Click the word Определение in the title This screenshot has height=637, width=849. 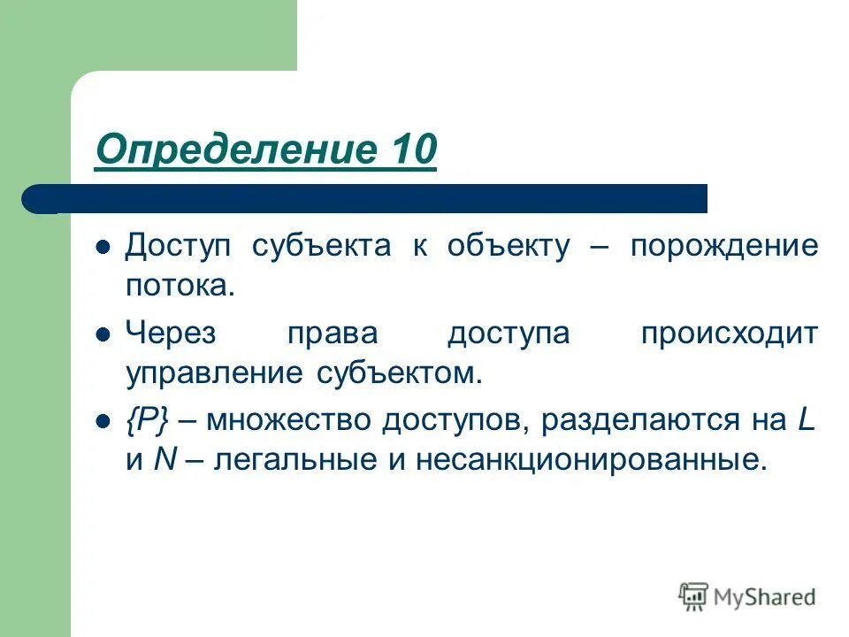226,150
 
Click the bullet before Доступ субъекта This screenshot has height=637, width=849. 103,248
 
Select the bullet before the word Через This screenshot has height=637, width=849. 103,336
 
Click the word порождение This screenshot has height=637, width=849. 724,247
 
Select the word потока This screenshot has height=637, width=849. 180,286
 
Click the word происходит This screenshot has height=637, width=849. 730,334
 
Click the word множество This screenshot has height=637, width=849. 290,421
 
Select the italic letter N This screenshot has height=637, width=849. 162,461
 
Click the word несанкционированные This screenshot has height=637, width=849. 607,461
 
